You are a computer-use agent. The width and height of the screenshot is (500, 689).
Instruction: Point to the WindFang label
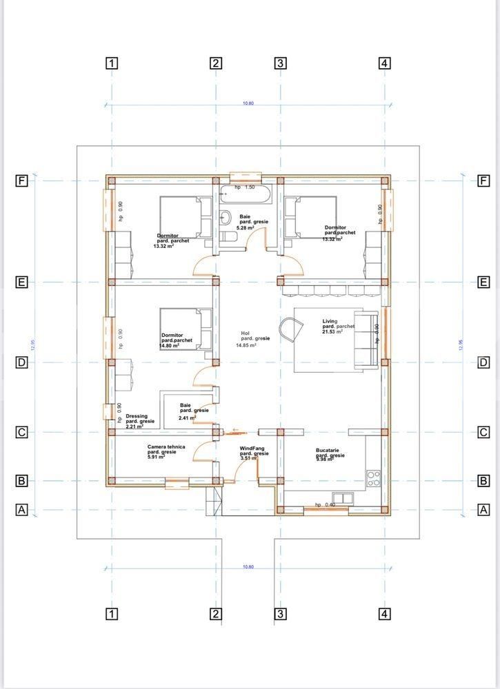click(254, 453)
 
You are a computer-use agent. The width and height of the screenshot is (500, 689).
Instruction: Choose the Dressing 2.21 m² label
click(140, 421)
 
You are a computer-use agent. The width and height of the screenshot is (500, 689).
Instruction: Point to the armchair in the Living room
click(290, 328)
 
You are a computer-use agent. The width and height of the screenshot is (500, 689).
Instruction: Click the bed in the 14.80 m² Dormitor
click(186, 329)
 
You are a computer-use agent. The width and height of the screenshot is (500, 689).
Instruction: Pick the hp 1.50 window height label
click(245, 187)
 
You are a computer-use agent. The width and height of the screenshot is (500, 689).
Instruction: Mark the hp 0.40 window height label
click(325, 504)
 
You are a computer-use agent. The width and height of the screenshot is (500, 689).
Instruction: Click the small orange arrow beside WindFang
click(236, 431)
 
